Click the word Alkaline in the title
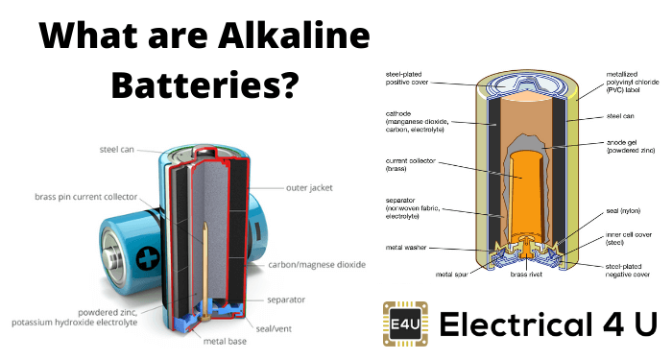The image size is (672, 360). pyautogui.click(x=294, y=36)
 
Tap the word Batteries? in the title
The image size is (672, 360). pyautogui.click(x=204, y=84)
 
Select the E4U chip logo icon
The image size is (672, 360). pyautogui.click(x=405, y=324)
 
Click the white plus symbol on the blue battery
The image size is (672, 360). pyautogui.click(x=148, y=258)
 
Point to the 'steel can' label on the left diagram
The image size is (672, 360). pyautogui.click(x=116, y=150)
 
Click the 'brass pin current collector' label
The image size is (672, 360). pyautogui.click(x=85, y=197)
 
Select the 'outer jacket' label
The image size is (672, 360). pyautogui.click(x=309, y=188)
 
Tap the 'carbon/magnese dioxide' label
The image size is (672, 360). pyautogui.click(x=317, y=264)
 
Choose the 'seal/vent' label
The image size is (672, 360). pyautogui.click(x=274, y=328)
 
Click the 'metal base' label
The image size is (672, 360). pyautogui.click(x=225, y=341)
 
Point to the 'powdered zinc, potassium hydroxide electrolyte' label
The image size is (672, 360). pyautogui.click(x=75, y=317)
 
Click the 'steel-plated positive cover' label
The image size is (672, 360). pyautogui.click(x=407, y=78)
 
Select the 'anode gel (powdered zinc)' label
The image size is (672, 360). pyautogui.click(x=631, y=146)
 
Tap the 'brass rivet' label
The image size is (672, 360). pyautogui.click(x=526, y=275)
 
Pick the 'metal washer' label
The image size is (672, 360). pyautogui.click(x=406, y=248)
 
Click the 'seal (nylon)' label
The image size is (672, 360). pyautogui.click(x=623, y=211)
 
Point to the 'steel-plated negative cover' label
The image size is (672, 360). pyautogui.click(x=628, y=270)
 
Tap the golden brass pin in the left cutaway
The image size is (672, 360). pyautogui.click(x=205, y=271)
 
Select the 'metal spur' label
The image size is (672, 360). pyautogui.click(x=452, y=275)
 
